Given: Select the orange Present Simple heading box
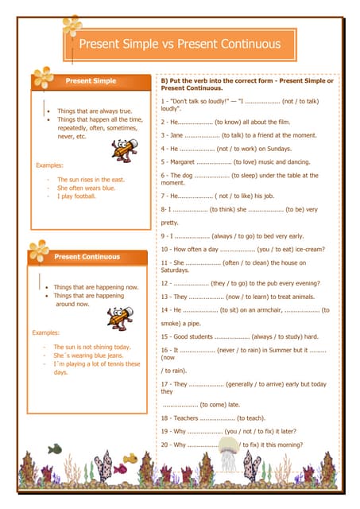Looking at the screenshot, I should point(91,81).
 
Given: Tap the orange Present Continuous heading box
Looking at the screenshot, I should point(87,257).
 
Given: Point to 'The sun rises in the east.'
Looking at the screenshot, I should point(91,180).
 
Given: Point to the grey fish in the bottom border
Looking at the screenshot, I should point(54,449).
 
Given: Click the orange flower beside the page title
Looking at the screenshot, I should point(72,27).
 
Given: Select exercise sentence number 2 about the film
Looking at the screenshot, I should point(226,122).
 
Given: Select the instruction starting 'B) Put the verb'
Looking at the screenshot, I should point(247,84).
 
